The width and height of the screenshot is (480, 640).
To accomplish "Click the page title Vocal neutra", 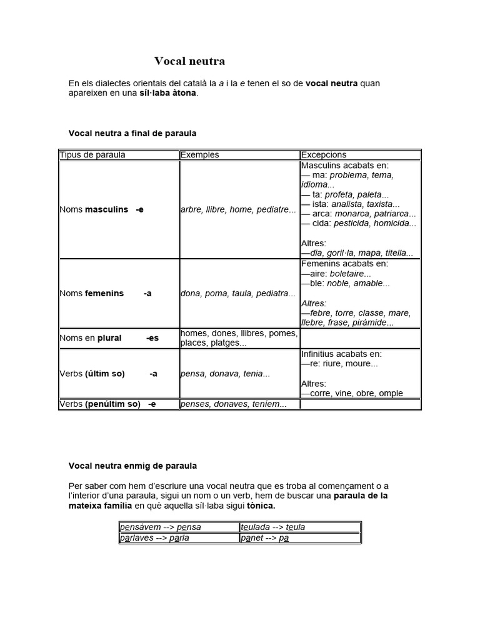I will click(189, 61).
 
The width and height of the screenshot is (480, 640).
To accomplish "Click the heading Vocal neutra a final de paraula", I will click(132, 133).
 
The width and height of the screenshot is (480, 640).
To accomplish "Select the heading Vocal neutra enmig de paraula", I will click(132, 466).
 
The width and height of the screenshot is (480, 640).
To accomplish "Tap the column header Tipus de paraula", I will click(92, 155).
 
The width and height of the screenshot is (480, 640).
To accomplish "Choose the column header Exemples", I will click(199, 155).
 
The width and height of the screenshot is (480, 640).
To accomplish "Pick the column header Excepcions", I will click(324, 155).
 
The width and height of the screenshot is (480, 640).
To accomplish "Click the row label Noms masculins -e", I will click(102, 209).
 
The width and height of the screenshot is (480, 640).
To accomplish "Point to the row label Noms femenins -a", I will click(106, 293).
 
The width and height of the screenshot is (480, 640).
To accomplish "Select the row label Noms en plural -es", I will click(109, 338).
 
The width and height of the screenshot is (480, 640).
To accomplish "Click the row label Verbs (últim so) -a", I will click(109, 374).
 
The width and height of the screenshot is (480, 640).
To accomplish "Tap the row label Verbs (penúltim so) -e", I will click(107, 404).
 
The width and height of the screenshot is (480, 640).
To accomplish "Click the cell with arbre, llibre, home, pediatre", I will click(238, 209).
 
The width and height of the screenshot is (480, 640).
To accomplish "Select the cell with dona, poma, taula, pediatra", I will click(238, 293).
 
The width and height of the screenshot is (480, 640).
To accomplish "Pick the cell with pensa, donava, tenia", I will click(225, 374).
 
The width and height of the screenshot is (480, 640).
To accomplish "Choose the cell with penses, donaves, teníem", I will click(233, 404).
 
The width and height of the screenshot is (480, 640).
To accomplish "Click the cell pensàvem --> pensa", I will click(161, 527).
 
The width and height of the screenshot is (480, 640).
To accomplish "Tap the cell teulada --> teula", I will click(273, 527).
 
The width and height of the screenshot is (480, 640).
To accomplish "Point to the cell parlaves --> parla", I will click(155, 537).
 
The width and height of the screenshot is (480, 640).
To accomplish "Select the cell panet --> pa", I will click(265, 537).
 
